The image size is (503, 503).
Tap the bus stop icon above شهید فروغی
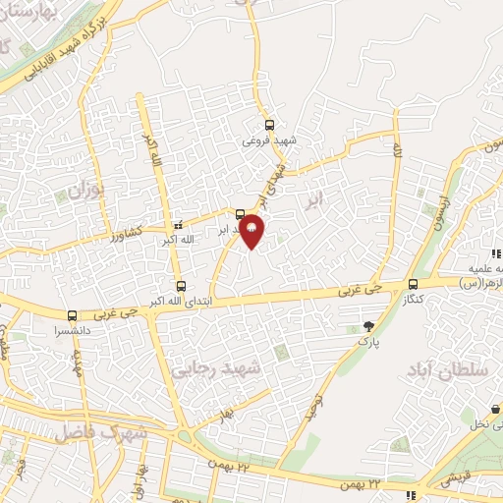click(270, 125)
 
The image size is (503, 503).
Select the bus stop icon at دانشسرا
click(72, 316)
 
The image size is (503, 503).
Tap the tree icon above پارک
click(368, 326)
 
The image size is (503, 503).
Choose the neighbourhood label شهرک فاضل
click(100, 432)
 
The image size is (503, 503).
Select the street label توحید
click(314, 402)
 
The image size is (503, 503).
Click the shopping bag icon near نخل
click(494, 410)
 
